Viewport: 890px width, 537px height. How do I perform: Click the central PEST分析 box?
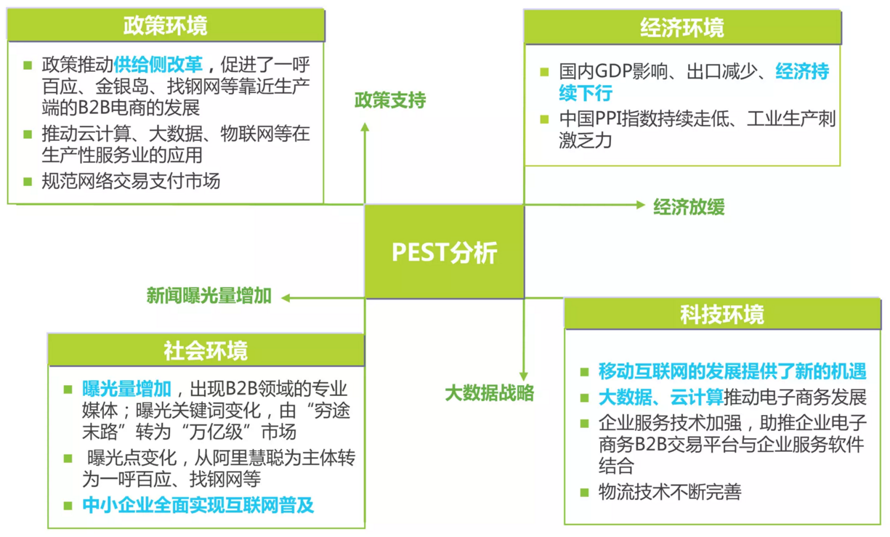click(x=444, y=251)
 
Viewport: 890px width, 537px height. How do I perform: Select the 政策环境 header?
click(x=166, y=25)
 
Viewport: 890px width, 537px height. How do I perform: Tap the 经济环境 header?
click(x=682, y=27)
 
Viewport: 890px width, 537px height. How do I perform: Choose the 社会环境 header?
click(x=206, y=350)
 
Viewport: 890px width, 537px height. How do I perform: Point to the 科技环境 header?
click(x=722, y=314)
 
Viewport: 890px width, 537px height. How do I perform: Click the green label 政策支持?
click(x=390, y=100)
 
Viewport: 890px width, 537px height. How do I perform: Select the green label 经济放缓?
click(x=689, y=206)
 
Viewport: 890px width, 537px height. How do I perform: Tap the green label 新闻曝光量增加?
click(x=209, y=296)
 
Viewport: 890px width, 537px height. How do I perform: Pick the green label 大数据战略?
click(x=490, y=393)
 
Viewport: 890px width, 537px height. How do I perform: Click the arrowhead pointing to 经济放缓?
click(x=641, y=205)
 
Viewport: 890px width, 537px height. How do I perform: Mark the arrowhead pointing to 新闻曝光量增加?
click(x=286, y=298)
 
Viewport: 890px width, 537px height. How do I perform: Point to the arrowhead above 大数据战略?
click(x=523, y=376)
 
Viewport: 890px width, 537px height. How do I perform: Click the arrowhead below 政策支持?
click(x=365, y=127)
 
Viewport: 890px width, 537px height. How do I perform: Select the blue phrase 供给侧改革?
click(x=158, y=65)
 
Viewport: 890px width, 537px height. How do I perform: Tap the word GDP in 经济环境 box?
click(x=614, y=71)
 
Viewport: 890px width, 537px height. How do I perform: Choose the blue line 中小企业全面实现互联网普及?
click(x=198, y=505)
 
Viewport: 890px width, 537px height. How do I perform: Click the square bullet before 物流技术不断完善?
click(x=584, y=493)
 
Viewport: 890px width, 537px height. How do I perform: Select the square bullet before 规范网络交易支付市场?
click(x=28, y=182)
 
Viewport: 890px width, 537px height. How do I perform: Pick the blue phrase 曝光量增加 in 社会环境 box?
click(x=126, y=388)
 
